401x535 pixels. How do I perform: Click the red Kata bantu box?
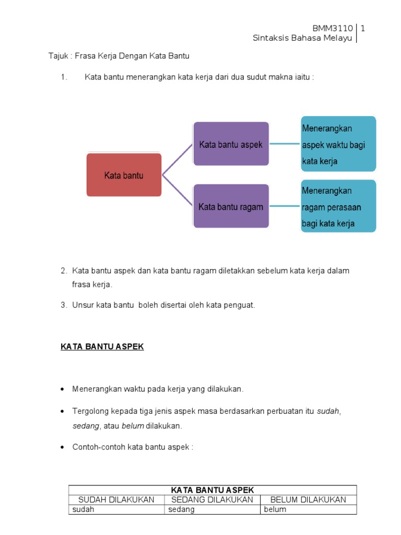coord(124,175)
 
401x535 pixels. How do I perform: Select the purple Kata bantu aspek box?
coord(231,144)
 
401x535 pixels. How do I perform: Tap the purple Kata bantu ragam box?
coord(231,206)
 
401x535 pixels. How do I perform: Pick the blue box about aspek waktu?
coord(338,144)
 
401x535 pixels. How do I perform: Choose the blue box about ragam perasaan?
coord(338,206)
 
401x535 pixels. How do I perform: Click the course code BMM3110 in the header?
coord(333,28)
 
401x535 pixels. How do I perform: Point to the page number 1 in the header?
coord(362,28)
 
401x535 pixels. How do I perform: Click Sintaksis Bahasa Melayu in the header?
coord(303,38)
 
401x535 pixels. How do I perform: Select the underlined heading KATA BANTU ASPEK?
coord(102,347)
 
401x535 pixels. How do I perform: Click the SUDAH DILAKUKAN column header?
coord(116,499)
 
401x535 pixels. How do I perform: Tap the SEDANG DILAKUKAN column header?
coord(212,499)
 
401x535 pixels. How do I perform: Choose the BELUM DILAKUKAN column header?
coord(308,499)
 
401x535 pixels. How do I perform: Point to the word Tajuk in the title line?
coord(58,56)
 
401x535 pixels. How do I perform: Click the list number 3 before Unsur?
coord(63,305)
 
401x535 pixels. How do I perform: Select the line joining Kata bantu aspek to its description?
coord(285,144)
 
